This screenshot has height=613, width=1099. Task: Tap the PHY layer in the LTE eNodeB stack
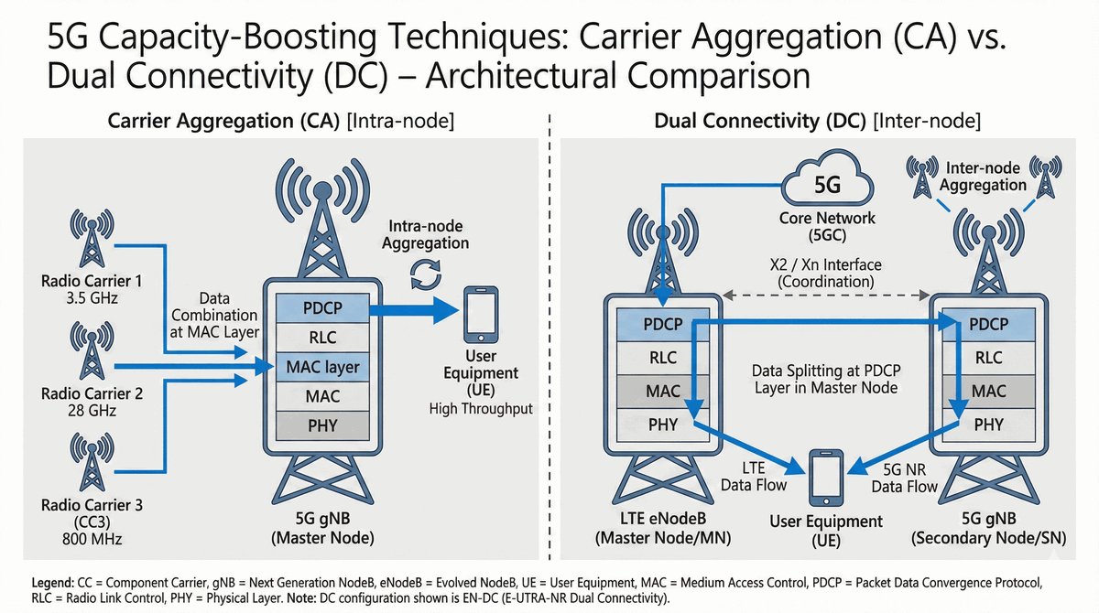(663, 424)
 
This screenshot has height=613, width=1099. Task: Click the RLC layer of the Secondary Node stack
(989, 358)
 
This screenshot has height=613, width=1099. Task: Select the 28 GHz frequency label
(92, 411)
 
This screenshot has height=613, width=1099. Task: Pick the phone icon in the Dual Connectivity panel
(827, 477)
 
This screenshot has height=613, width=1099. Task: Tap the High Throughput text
(481, 409)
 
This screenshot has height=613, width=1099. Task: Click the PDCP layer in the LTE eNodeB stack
(663, 324)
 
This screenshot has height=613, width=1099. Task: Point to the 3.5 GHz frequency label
(92, 298)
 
